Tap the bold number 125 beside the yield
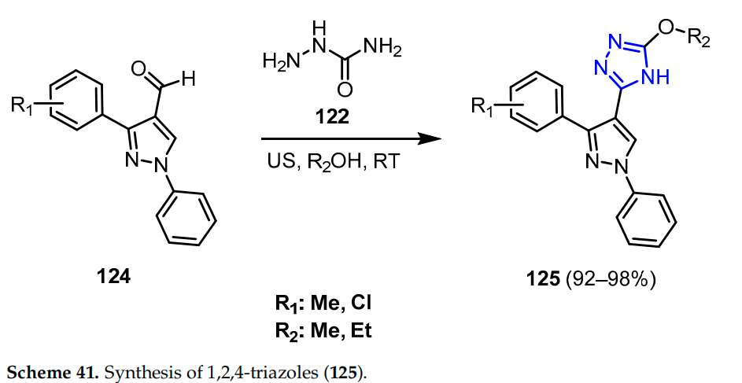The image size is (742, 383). [544, 279]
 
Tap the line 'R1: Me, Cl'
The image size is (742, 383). [328, 304]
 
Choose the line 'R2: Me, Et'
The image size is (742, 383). [328, 330]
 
